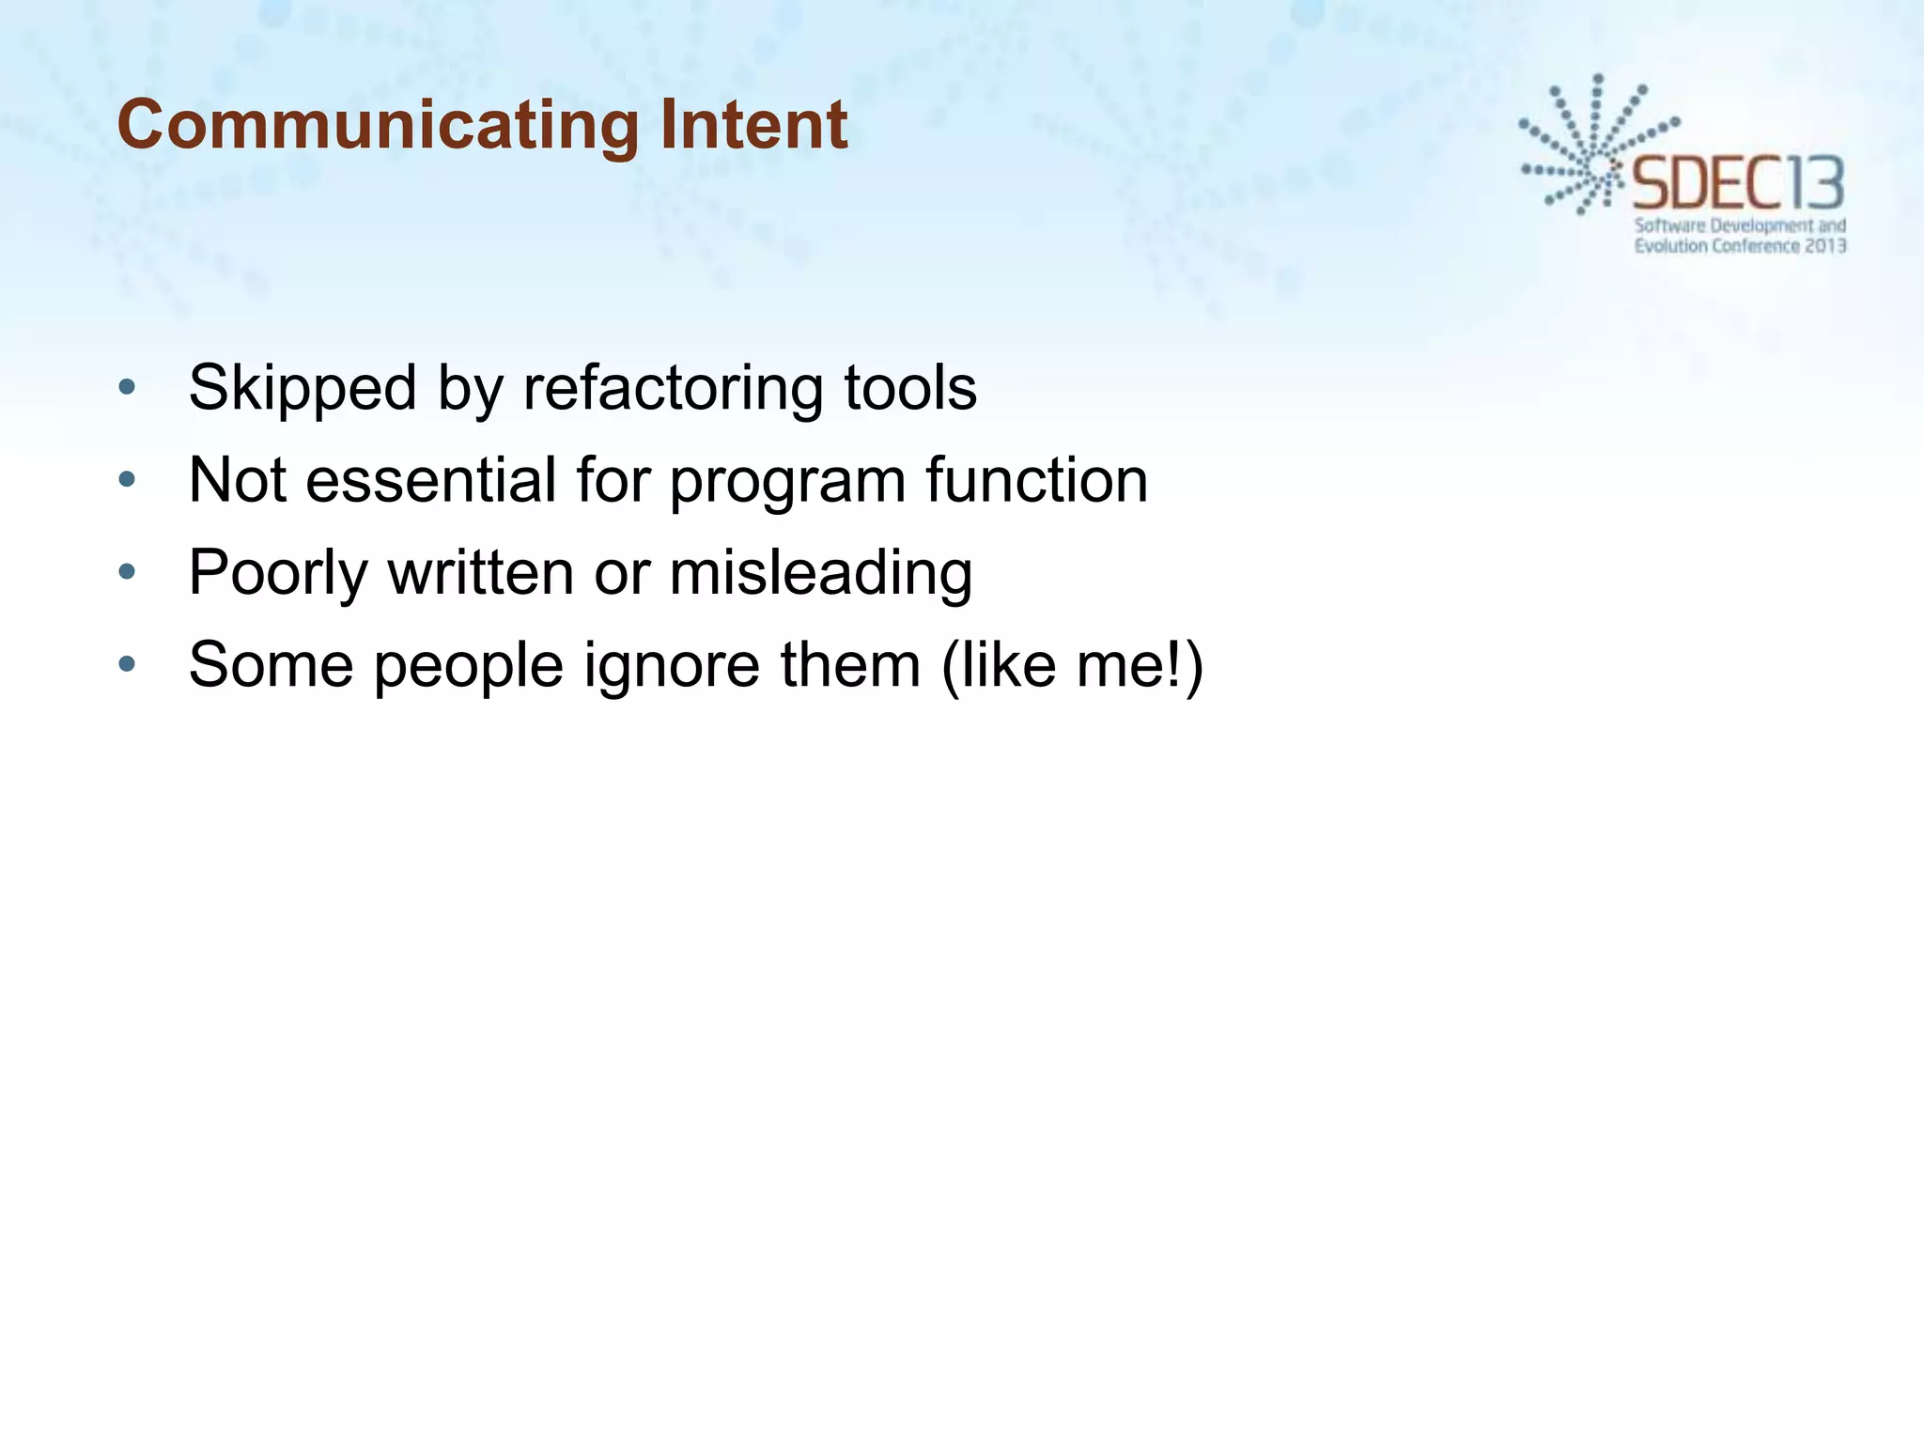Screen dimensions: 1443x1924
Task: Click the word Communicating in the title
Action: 377,125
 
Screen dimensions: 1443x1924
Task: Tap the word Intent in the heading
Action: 753,125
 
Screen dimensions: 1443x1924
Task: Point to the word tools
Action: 910,388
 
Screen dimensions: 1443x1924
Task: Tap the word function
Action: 1036,480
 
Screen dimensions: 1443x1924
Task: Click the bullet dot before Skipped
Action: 128,387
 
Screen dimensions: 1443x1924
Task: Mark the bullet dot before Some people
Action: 128,664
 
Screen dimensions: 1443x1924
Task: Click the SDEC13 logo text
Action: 1738,184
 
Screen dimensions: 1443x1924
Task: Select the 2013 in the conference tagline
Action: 1826,246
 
